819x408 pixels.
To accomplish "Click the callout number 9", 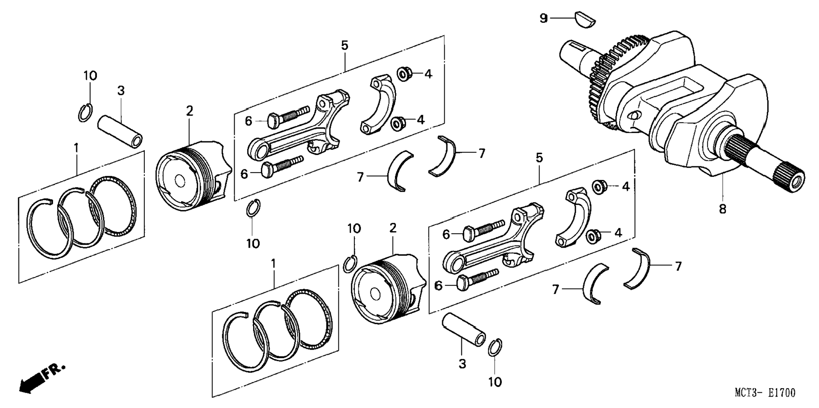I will tap(544, 19).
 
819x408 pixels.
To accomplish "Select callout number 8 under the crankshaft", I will tap(722, 209).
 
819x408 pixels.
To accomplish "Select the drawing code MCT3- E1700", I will tap(765, 393).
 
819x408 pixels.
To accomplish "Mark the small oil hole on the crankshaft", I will tap(634, 115).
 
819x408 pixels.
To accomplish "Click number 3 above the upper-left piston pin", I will tap(121, 91).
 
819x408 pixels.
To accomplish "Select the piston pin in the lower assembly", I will tap(464, 329).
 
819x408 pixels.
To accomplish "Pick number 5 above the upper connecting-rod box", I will tap(345, 45).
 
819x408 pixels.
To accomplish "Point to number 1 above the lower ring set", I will tap(274, 264).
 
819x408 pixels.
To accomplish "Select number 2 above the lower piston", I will tap(393, 228).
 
